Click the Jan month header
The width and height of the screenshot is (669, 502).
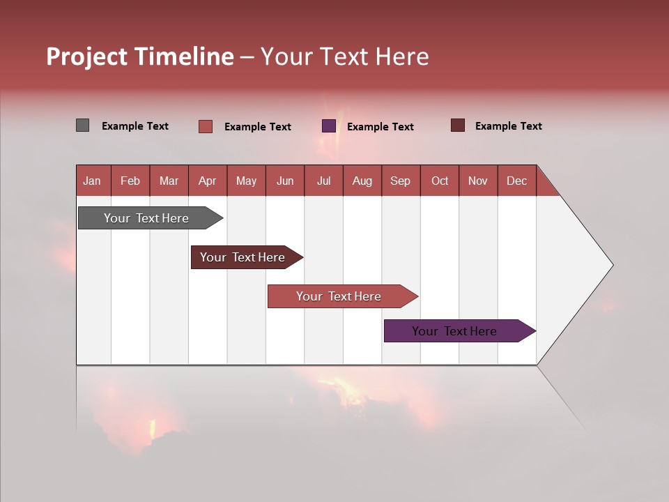tap(92, 181)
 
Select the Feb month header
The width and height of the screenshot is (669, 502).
tap(130, 181)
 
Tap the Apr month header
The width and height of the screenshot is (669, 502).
tap(207, 181)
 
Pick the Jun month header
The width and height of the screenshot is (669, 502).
tap(285, 181)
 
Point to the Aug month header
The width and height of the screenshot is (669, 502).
tap(362, 181)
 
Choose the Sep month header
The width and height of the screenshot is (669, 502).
tap(400, 181)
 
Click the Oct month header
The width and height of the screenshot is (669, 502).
tap(440, 181)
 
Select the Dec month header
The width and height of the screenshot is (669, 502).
tap(516, 181)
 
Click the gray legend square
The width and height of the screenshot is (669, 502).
tap(82, 125)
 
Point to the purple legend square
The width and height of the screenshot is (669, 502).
tap(329, 126)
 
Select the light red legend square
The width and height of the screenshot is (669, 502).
tap(206, 126)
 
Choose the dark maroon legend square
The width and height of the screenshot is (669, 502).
tap(458, 125)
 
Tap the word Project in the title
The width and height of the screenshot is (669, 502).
tap(86, 56)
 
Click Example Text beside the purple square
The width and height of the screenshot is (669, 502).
tap(380, 126)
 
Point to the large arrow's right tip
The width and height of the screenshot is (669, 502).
tap(611, 265)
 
